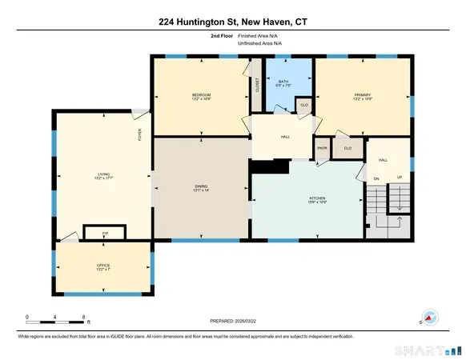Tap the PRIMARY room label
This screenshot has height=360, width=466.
(x=364, y=94)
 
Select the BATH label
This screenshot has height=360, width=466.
(x=283, y=82)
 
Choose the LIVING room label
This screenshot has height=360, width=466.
(x=103, y=173)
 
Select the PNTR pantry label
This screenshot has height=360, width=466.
(x=322, y=148)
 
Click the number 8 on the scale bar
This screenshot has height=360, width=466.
(x=84, y=318)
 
